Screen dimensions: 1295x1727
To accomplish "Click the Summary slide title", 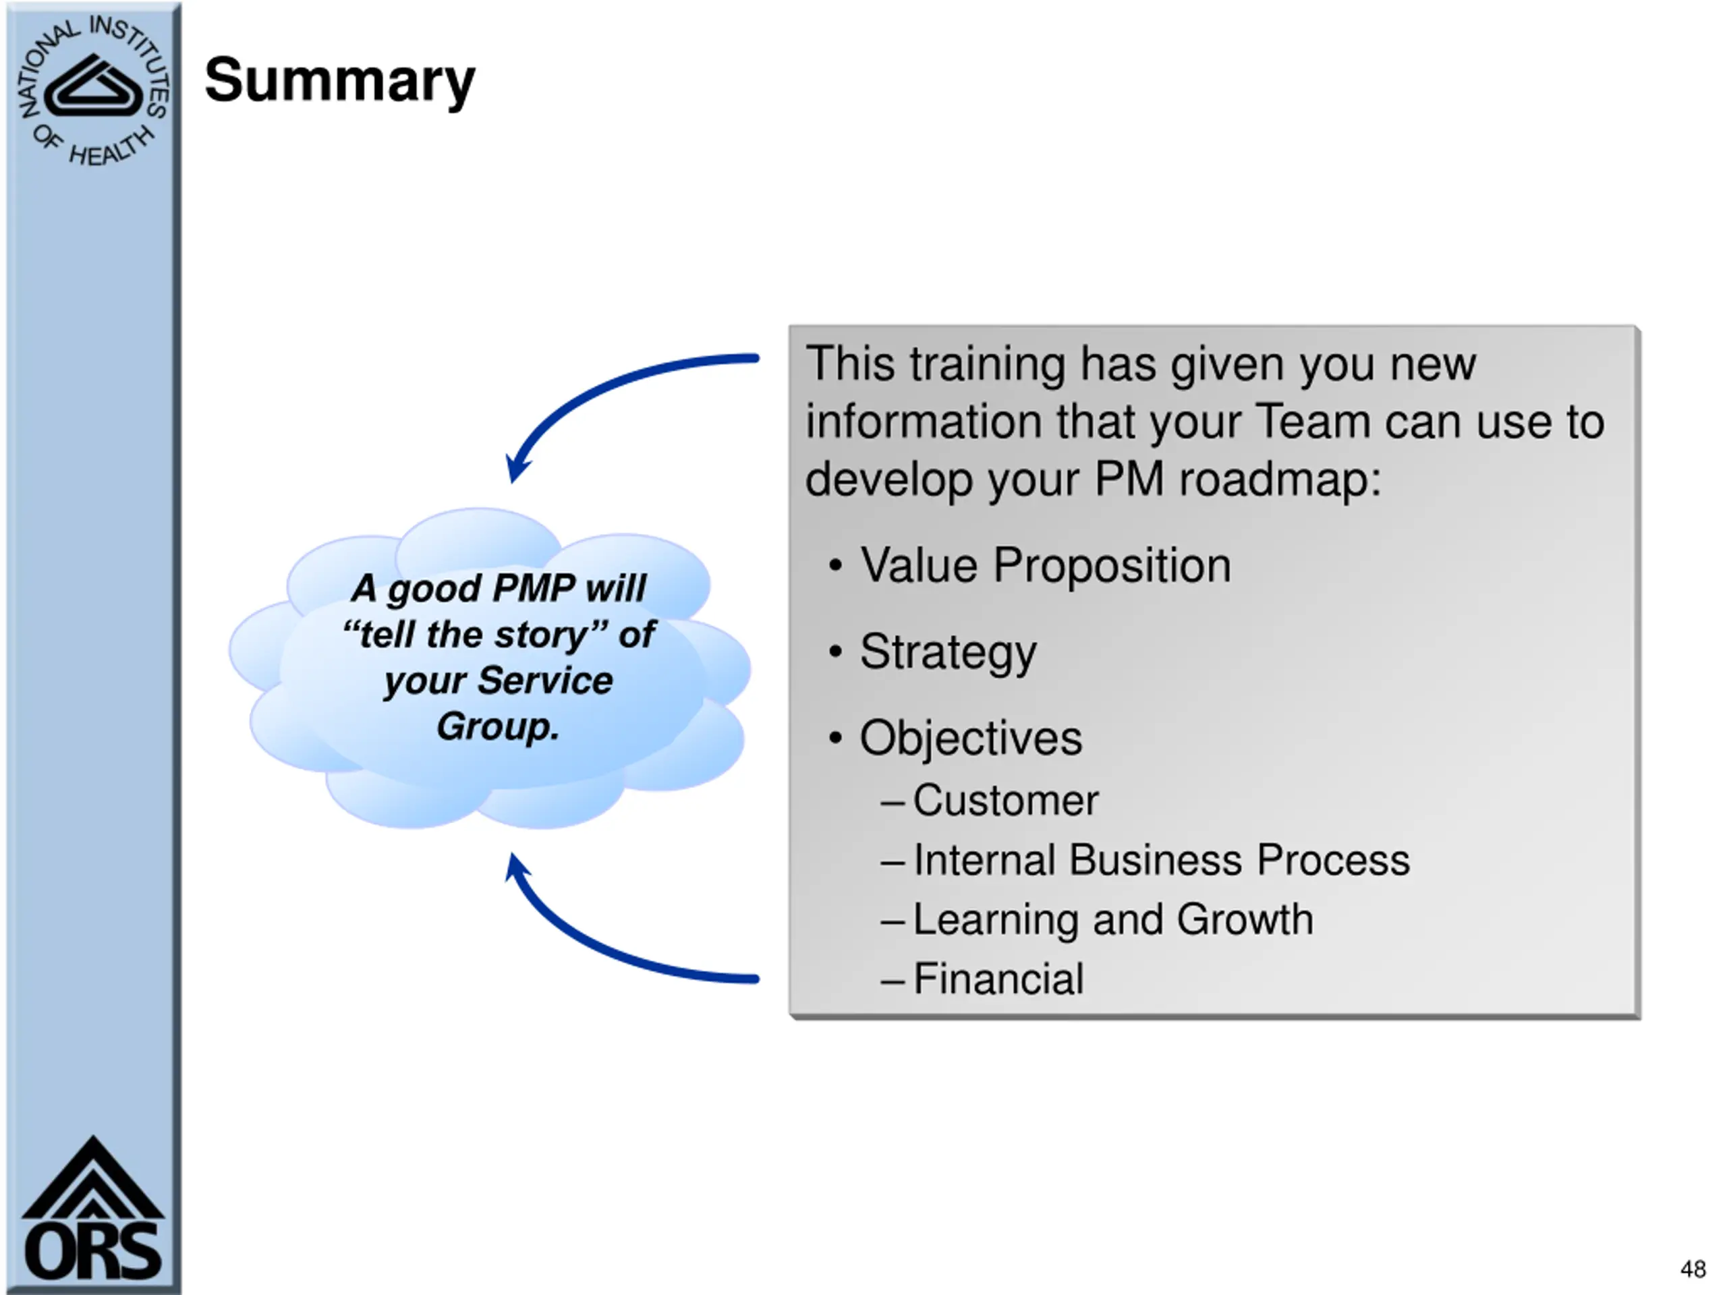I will coord(339,81).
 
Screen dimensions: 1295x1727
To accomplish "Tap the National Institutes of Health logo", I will coord(92,91).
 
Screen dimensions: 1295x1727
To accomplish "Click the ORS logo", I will coord(92,1211).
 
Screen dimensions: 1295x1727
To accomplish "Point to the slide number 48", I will coord(1693,1269).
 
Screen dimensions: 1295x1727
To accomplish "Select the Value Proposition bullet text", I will coord(1044,565).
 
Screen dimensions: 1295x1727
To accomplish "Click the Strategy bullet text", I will coord(948,652).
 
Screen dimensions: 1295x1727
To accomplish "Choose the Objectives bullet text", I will coord(971,738).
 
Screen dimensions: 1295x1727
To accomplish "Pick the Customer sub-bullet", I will coord(1004,800).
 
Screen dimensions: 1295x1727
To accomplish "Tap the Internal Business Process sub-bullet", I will coord(1161,859).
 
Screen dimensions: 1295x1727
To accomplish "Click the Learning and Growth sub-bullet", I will coord(1112,919).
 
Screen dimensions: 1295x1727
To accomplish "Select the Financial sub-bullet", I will coord(998,978).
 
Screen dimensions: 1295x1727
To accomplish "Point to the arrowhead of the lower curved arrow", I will coord(516,867).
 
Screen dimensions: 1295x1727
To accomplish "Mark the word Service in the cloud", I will coord(545,681).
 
